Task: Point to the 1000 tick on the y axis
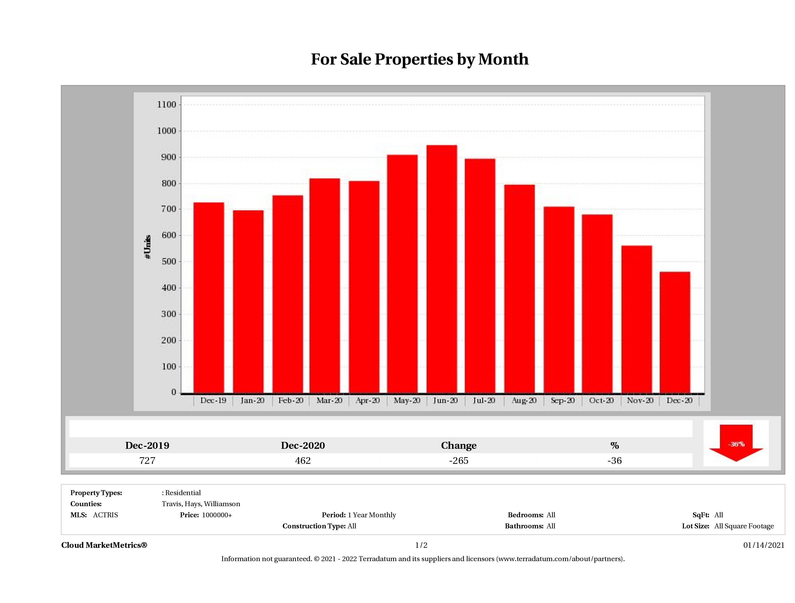[x=167, y=131]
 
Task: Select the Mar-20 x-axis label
[x=329, y=400]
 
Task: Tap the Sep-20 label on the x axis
[x=562, y=400]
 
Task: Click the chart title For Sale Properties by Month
[x=419, y=59]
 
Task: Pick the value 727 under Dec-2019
[x=147, y=460]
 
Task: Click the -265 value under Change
[x=459, y=460]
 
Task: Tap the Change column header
[x=459, y=446]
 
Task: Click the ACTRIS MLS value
[x=105, y=515]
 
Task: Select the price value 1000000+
[x=217, y=515]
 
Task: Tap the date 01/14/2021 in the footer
[x=764, y=545]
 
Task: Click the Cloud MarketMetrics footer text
[x=104, y=545]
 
